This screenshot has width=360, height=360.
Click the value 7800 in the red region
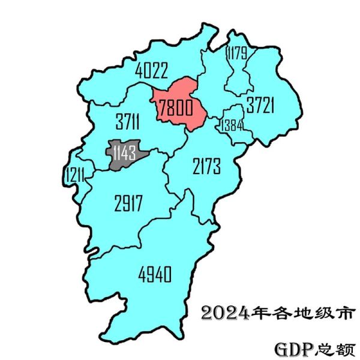point(175,109)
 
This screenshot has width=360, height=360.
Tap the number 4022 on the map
point(151,70)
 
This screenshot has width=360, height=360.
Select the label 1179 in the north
point(236,55)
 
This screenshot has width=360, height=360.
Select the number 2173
point(207,165)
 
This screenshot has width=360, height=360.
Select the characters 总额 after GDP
point(330,348)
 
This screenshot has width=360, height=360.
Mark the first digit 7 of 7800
point(162,109)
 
